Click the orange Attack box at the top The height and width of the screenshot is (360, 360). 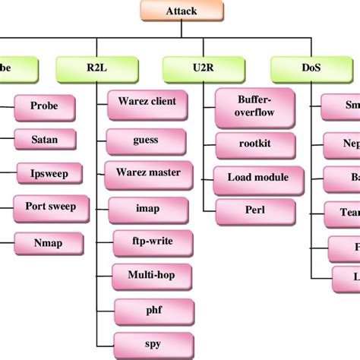click(181, 11)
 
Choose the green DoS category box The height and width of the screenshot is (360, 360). click(311, 68)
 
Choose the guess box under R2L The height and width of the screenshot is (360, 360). click(146, 140)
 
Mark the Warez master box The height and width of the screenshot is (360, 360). click(149, 172)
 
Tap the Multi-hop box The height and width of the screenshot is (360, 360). click(149, 274)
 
